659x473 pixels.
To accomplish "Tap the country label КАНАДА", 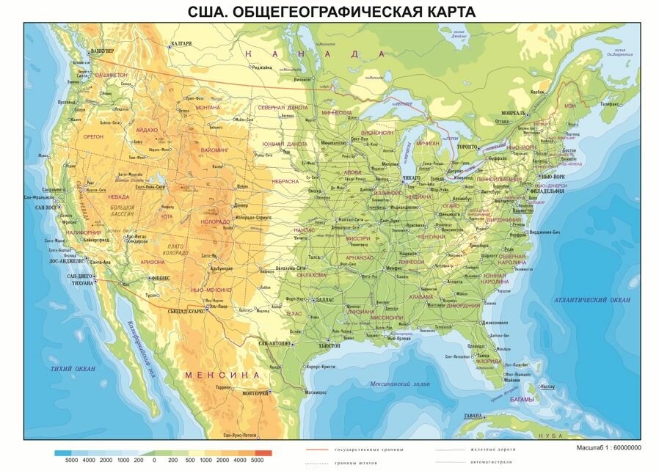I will [x=315, y=54].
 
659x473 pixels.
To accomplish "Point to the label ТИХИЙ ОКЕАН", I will [x=73, y=368].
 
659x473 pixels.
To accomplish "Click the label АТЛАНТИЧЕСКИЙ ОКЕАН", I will [x=592, y=300].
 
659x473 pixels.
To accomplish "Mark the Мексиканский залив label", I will [x=394, y=384].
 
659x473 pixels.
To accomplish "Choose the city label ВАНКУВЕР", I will [x=103, y=51].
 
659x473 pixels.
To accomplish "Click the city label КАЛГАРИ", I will [x=181, y=43].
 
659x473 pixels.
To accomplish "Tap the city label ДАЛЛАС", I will [x=323, y=300].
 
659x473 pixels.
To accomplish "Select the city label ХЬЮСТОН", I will [x=329, y=345].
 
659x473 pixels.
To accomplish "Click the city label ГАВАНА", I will [x=473, y=416].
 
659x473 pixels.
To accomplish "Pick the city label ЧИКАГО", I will [x=412, y=178].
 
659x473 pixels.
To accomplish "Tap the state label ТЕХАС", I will [x=293, y=313].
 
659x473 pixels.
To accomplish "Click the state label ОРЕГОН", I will [x=94, y=136].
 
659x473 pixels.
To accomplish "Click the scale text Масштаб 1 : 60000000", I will [x=607, y=447].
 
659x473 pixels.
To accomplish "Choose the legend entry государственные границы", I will [x=358, y=449].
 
